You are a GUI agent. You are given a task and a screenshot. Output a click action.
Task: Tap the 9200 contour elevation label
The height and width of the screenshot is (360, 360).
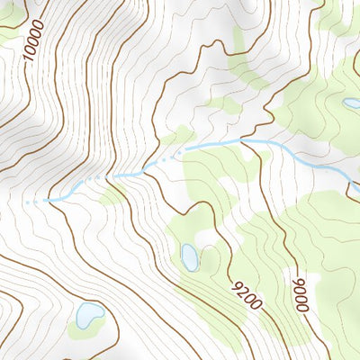click(x=246, y=295)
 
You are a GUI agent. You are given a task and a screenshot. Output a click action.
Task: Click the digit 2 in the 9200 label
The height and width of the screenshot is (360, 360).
click(x=242, y=291)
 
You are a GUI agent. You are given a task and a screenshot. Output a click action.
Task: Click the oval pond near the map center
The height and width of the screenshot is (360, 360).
click(x=190, y=257)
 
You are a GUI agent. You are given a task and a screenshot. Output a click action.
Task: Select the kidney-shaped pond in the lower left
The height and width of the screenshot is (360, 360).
click(x=88, y=316)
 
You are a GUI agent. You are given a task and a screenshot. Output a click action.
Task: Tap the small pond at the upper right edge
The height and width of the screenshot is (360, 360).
click(x=351, y=103)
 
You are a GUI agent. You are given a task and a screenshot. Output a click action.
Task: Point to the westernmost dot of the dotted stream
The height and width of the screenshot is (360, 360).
click(x=27, y=202)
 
